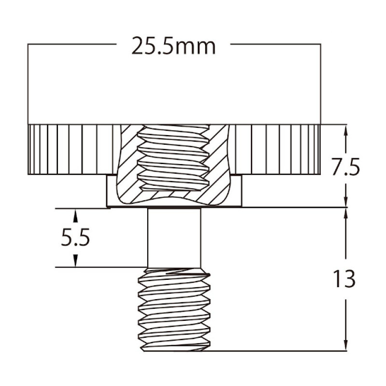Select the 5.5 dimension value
pyautogui.click(x=76, y=238)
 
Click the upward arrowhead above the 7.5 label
pyautogui.click(x=345, y=129)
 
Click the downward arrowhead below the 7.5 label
pyautogui.click(x=345, y=202)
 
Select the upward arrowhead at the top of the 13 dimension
pyautogui.click(x=345, y=213)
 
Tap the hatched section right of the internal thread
pyautogui.click(x=220, y=164)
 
